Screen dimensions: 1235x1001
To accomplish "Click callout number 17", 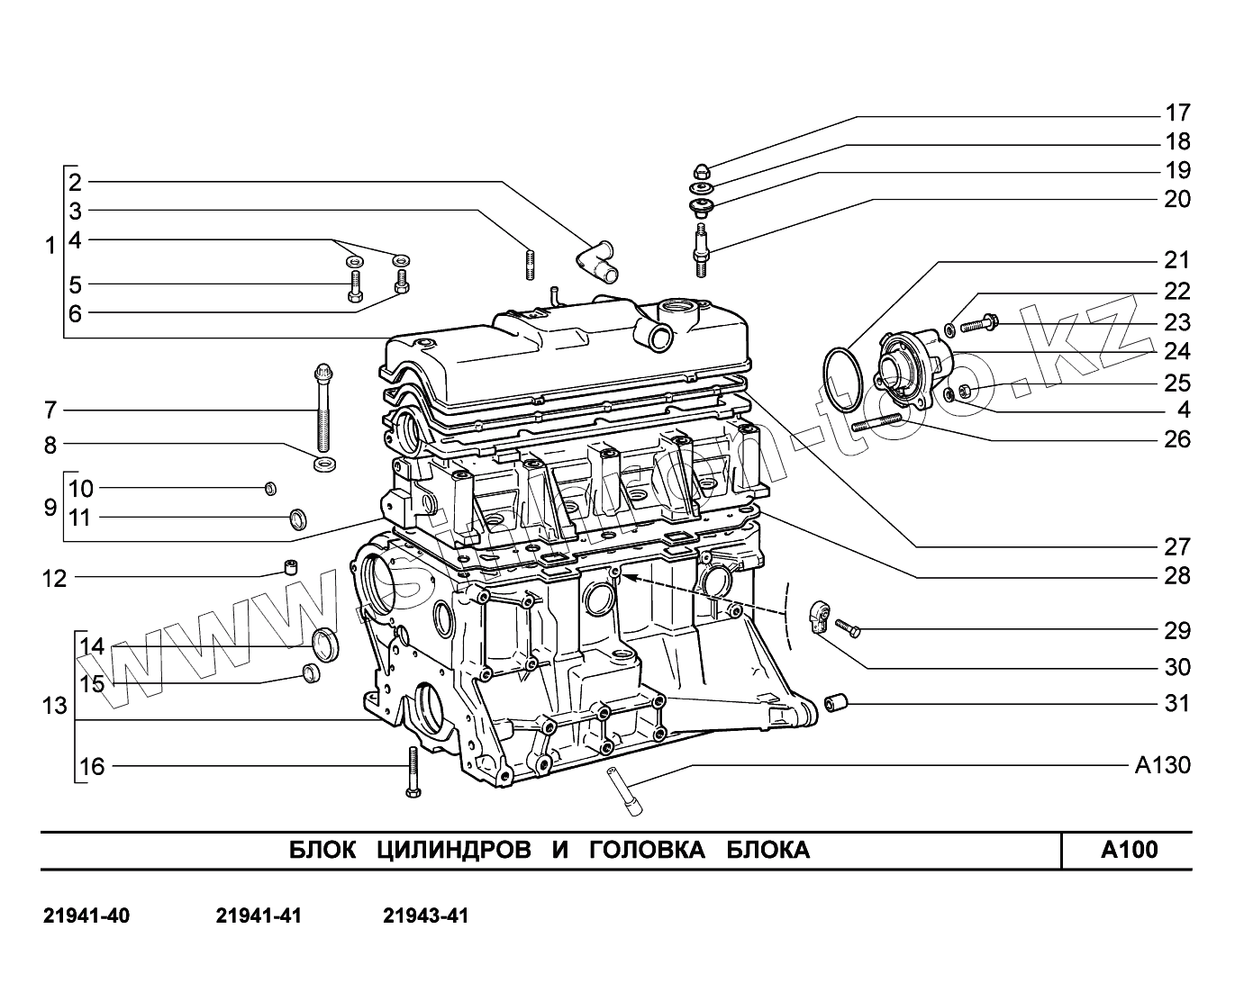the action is click(1176, 113).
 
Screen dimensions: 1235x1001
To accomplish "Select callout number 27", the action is click(1176, 546).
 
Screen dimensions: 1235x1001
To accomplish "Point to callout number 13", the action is click(55, 705).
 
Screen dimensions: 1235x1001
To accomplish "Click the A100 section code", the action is click(1130, 850).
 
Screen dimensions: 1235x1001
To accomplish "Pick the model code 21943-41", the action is click(425, 916).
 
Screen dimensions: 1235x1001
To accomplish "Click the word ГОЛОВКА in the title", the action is click(647, 850).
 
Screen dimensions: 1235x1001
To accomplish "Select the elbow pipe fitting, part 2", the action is click(595, 258).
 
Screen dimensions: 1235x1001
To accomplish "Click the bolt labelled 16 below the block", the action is click(413, 772).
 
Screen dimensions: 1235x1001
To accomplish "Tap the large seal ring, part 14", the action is click(326, 645).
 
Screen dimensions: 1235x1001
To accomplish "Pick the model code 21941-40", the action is click(86, 916).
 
